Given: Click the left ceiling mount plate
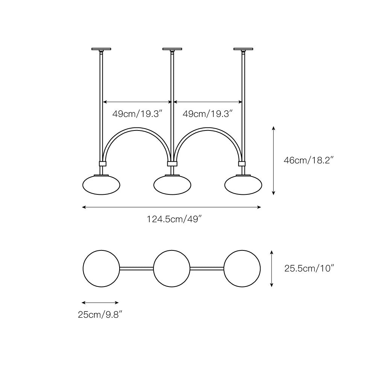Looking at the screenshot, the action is point(101,49).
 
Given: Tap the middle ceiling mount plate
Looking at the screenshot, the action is point(172,49).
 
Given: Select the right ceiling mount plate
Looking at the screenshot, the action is point(243,49).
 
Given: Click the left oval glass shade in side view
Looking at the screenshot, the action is point(101,185).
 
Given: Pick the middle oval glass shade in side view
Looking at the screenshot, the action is point(172,185).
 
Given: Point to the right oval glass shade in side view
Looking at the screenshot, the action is point(243,185).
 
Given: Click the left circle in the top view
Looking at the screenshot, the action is point(101,268).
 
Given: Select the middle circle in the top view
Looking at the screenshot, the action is point(172,268).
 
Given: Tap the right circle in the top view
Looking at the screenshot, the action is point(242,268).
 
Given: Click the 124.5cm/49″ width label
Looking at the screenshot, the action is point(174,219).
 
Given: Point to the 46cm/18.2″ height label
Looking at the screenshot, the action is point(309,160).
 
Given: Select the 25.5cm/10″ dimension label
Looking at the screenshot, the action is point(309,268).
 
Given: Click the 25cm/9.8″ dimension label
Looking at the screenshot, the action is point(102,315).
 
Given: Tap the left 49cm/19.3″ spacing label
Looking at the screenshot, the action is point(138,114).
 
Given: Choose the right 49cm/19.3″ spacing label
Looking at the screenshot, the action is point(208,114).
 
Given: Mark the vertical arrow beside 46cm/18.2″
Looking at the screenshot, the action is point(273,161).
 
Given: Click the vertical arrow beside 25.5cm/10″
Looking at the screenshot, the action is point(271,268).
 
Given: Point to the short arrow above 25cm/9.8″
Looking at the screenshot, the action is point(100,303).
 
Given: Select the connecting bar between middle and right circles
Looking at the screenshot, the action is point(207,268).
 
